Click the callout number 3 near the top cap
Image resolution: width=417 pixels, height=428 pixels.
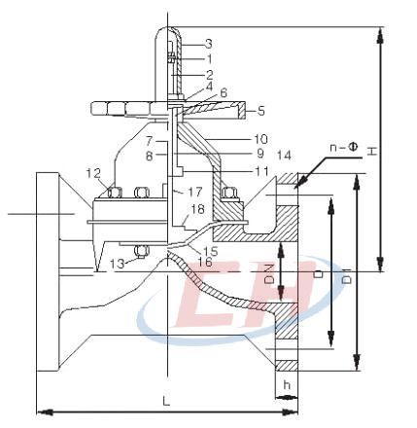(x=209, y=44)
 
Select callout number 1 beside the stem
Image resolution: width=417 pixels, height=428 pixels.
(x=210, y=59)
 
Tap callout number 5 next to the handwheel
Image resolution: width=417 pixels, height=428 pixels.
(x=261, y=111)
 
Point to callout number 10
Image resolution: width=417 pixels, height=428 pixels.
(x=261, y=139)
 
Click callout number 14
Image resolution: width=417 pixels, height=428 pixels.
(x=284, y=155)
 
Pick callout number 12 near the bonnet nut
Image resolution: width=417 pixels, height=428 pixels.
(x=93, y=174)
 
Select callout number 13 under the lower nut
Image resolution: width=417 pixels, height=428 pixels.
(x=117, y=264)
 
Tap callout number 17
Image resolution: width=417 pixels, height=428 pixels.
(x=195, y=192)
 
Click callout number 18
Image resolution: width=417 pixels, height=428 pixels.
(x=197, y=209)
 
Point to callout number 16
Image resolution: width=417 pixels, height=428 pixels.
(x=205, y=261)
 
